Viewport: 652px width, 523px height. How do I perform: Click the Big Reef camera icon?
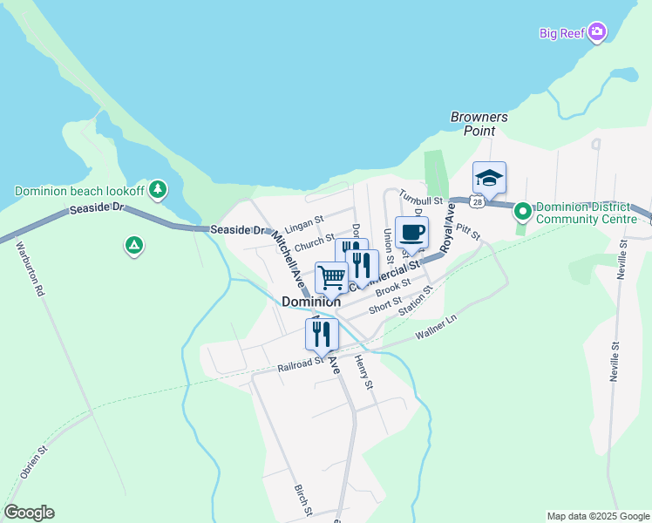click(597, 33)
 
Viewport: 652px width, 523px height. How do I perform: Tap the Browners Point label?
click(479, 124)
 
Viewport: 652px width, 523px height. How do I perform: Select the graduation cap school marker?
click(489, 179)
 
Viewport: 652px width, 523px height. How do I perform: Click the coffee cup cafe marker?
click(411, 233)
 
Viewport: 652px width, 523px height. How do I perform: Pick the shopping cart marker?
click(331, 277)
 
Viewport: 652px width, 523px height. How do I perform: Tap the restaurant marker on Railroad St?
click(321, 334)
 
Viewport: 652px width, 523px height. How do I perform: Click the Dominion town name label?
click(311, 302)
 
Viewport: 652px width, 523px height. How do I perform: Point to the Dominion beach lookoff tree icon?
click(158, 188)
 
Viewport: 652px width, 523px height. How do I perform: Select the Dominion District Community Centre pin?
click(522, 211)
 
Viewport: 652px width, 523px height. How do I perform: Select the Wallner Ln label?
click(436, 328)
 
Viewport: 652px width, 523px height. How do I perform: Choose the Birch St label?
click(301, 500)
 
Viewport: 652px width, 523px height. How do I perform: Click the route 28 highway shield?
click(476, 201)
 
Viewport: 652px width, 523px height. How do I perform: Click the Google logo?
click(29, 513)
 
